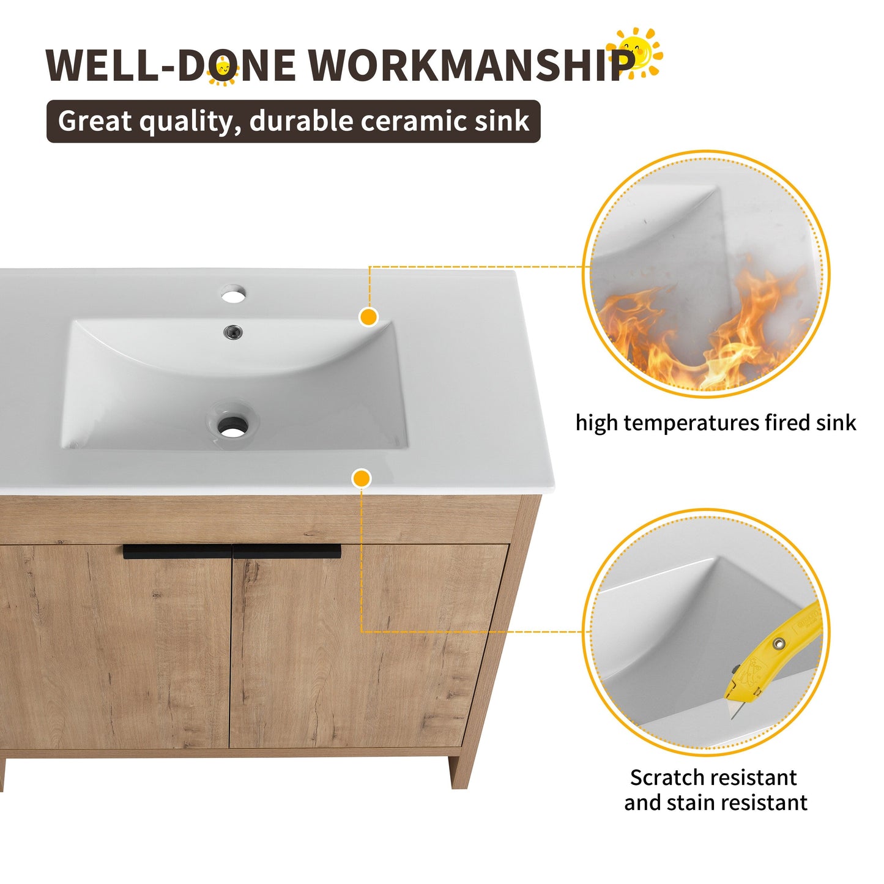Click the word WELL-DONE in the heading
point(171,64)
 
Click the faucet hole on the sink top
point(233,294)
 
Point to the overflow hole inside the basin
point(233,332)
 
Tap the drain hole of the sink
point(232,426)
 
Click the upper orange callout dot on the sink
point(368,317)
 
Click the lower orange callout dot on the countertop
point(362,478)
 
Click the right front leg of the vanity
point(460,772)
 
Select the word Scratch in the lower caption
point(667,778)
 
